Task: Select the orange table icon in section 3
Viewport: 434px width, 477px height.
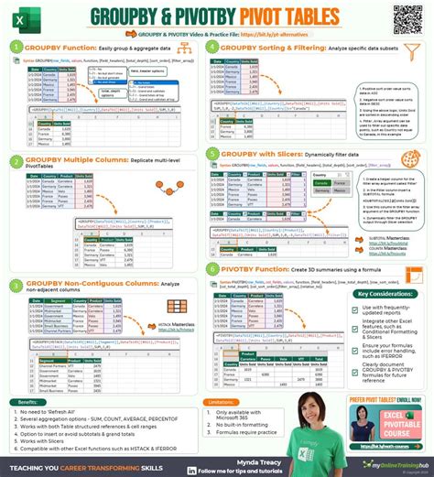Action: pyautogui.click(x=178, y=307)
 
